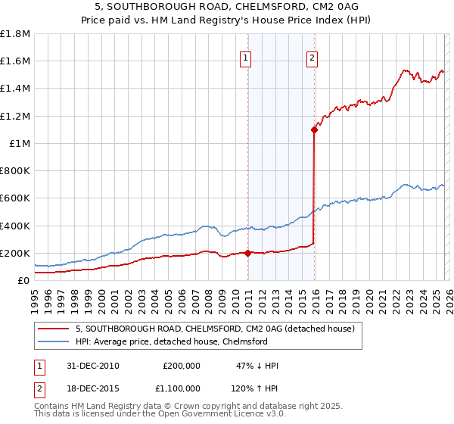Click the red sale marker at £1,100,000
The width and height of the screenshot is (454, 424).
point(314,129)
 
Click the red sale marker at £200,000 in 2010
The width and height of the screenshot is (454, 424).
point(247,253)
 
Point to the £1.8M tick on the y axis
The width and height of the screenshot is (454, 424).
point(15,34)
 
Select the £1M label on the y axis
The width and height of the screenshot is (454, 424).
point(20,143)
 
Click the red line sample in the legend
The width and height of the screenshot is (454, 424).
point(53,329)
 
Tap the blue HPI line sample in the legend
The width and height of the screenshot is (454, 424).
point(53,341)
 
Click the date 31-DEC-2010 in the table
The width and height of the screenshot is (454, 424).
point(92,366)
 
